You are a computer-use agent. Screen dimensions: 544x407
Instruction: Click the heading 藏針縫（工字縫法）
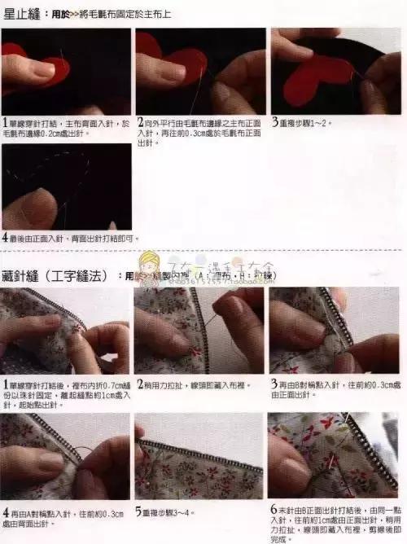(x=51, y=276)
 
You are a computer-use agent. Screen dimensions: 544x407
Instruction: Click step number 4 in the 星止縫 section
(x=5, y=239)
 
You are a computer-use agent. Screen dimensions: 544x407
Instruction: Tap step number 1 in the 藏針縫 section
(x=5, y=383)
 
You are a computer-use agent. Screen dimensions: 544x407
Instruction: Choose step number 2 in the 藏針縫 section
(x=140, y=383)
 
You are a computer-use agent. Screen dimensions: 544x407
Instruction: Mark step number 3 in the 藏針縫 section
(x=275, y=383)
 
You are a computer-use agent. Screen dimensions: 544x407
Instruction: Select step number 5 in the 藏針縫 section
(x=140, y=513)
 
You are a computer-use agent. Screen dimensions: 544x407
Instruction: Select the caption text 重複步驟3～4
(x=174, y=514)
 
